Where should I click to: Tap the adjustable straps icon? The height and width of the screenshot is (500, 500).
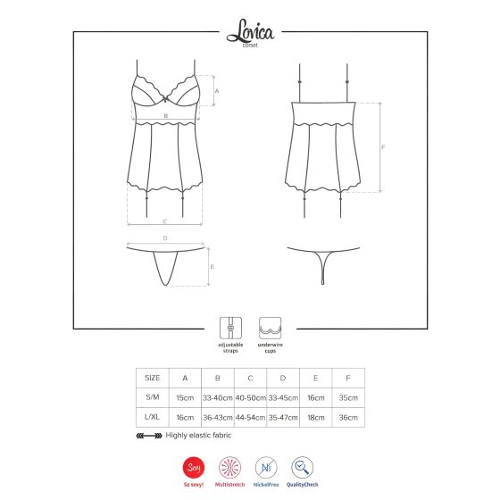pos(229,325)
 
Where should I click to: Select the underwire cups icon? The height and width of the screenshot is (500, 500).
pos(270,325)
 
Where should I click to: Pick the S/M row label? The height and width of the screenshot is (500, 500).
pos(152,397)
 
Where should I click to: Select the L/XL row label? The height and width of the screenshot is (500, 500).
pos(152,418)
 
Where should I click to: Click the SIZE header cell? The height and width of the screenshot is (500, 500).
pos(152,377)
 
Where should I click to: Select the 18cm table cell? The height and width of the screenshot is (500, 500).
pos(315,418)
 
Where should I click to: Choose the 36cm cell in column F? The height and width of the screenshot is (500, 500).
pos(348,418)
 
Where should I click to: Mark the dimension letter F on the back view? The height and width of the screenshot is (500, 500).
pos(383,146)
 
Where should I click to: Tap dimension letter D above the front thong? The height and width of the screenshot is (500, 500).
pos(165,238)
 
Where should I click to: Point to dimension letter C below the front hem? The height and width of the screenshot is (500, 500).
pos(165,221)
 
